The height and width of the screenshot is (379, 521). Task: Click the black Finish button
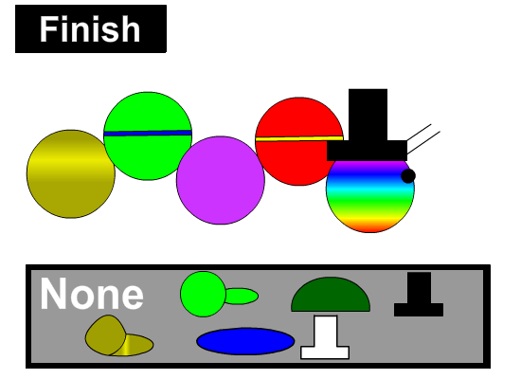click(91, 29)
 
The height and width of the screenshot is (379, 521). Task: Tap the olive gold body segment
click(71, 174)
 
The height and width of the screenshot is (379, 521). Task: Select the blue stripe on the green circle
click(148, 134)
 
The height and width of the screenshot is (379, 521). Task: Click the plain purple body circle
click(221, 180)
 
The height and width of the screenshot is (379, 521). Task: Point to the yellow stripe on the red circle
click(299, 138)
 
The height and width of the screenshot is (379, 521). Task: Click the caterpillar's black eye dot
click(408, 176)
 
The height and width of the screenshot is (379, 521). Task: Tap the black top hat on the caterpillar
click(368, 125)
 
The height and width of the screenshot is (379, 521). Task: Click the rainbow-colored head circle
click(370, 196)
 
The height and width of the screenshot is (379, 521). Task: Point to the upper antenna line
click(419, 133)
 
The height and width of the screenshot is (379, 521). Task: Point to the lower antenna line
click(423, 143)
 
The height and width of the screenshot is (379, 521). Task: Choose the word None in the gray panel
click(92, 295)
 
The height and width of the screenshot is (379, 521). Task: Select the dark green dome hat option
click(331, 295)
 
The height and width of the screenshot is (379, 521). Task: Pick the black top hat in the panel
click(419, 295)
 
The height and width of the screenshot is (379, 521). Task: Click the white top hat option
click(325, 337)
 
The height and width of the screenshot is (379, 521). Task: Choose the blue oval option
click(245, 341)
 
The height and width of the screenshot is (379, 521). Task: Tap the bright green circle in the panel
click(203, 295)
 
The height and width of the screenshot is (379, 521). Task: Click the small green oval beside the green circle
click(242, 297)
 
